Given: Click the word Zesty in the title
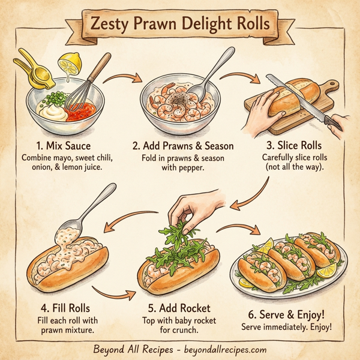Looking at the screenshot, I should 110,26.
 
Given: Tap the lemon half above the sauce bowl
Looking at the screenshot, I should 67,62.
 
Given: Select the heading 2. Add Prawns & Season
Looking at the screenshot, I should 183,146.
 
